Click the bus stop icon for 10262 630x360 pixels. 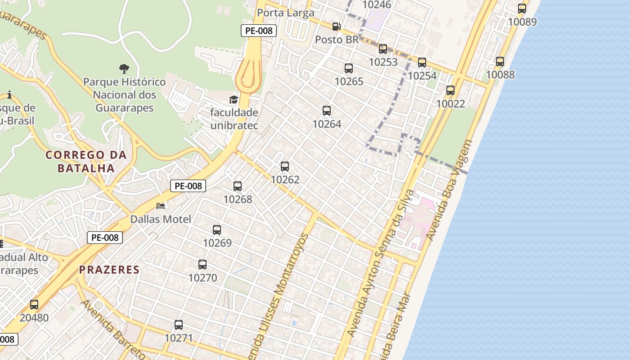[285, 166]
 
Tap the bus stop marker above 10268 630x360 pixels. [238, 186]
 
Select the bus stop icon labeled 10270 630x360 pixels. [202, 265]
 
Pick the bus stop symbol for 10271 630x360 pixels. [179, 325]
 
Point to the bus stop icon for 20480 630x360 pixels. [34, 305]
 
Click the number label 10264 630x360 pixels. [327, 124]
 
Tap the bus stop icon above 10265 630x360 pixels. [349, 68]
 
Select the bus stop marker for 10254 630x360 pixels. [422, 63]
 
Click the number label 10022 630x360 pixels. [450, 104]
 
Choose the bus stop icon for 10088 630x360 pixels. [500, 62]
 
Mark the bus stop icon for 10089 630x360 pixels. [522, 9]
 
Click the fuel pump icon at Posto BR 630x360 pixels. [336, 27]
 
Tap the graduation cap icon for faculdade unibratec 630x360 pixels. [234, 99]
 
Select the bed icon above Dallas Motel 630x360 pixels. [161, 206]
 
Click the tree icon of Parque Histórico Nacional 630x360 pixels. [124, 69]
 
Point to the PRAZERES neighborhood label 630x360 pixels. [109, 270]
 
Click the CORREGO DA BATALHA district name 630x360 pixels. [86, 162]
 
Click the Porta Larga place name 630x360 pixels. [286, 13]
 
